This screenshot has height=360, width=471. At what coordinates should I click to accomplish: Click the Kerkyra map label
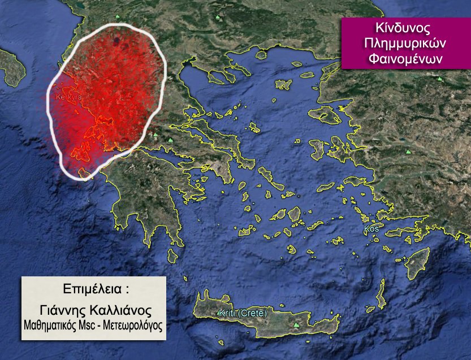click(x=68, y=97)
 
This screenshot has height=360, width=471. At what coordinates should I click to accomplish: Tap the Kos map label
click(x=371, y=229)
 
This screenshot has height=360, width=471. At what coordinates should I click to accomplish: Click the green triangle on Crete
click(x=296, y=326)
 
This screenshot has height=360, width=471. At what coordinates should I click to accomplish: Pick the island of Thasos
click(x=261, y=55)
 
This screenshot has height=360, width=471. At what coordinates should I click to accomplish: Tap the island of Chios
click(x=318, y=150)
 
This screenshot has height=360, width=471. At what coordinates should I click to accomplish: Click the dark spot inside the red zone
click(x=116, y=40)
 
